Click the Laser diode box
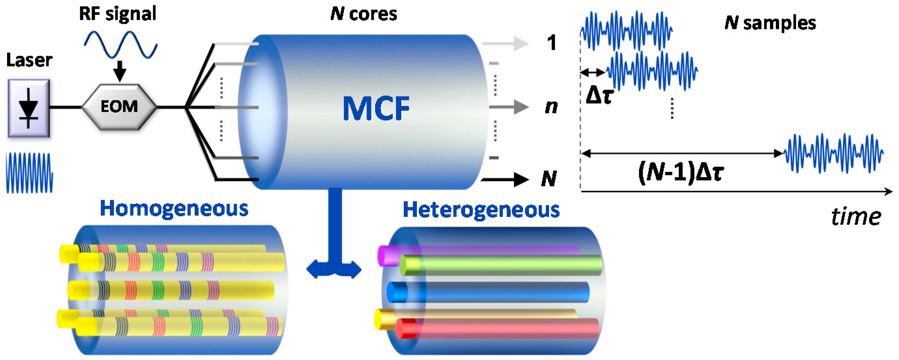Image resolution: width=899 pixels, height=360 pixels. (x=29, y=108)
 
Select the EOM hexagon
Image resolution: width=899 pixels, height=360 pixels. (x=119, y=107)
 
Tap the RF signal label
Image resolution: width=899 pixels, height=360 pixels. (x=118, y=14)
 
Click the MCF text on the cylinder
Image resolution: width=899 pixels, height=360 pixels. (x=376, y=108)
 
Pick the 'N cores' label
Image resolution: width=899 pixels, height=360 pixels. (x=363, y=14)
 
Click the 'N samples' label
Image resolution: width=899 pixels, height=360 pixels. (x=770, y=23)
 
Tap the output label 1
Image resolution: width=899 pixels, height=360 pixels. (x=551, y=43)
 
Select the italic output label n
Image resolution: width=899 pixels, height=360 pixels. (x=551, y=107)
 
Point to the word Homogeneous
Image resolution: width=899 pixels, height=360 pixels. (x=174, y=209)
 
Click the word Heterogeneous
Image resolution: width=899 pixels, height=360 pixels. (x=481, y=209)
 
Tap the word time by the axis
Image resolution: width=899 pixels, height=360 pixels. (x=856, y=217)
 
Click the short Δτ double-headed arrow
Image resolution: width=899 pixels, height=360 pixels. (x=592, y=73)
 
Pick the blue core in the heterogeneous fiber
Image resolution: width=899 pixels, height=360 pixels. (x=489, y=292)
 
